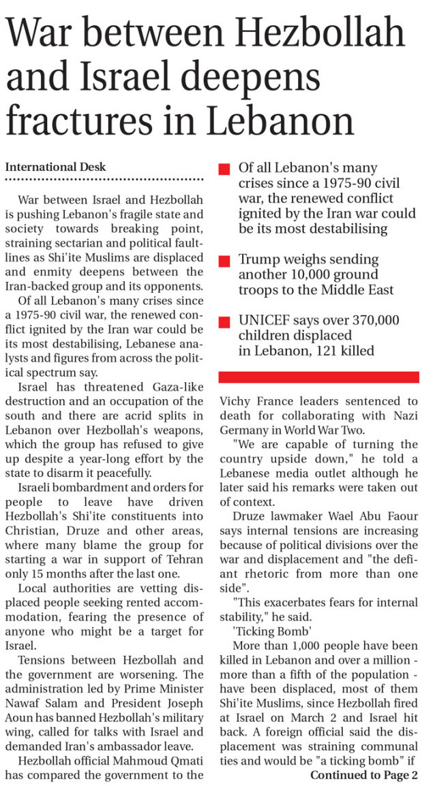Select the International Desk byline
55,166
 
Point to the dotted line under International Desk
104,179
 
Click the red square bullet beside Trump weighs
224,262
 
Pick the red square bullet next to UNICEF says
224,322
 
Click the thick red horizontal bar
318,377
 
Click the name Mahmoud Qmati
159,761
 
